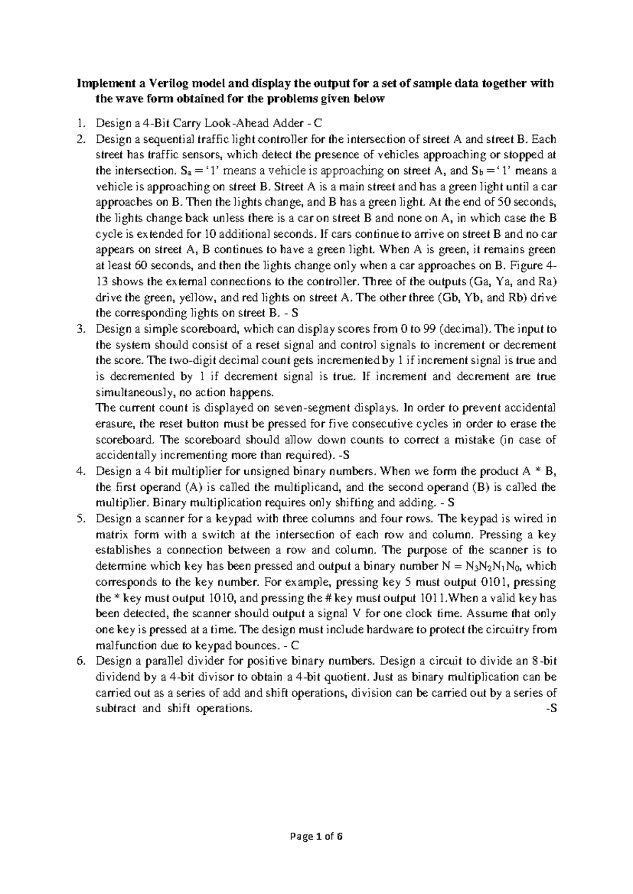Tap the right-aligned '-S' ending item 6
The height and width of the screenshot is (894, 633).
(551, 708)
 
